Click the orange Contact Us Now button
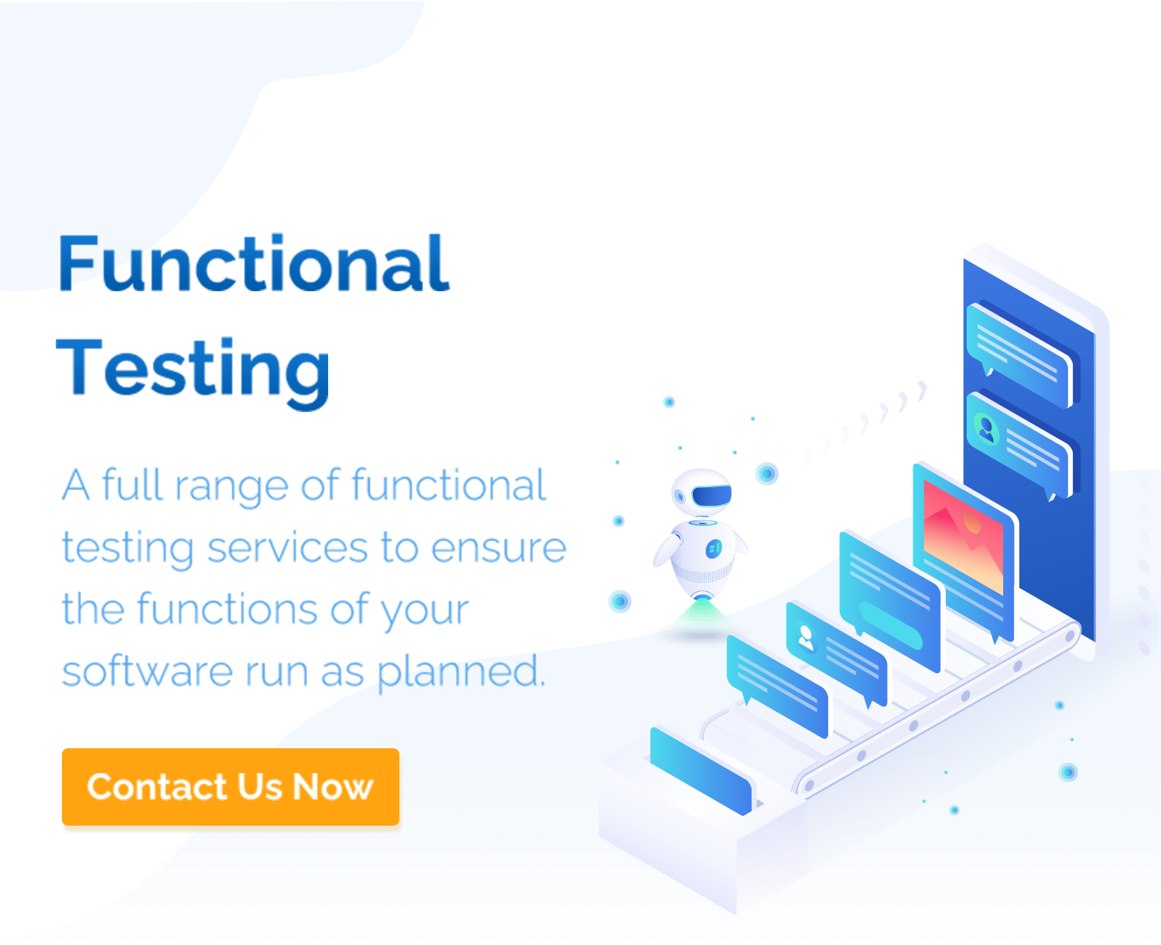[231, 787]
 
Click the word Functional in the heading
[254, 263]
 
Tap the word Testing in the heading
[193, 373]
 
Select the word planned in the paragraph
[461, 672]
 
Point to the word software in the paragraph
[147, 671]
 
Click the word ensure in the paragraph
[498, 548]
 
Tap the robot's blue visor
[711, 496]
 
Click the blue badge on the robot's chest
[714, 549]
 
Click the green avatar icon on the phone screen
[987, 430]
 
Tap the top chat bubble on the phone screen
[1019, 356]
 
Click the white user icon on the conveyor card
[806, 637]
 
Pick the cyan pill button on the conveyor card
[891, 625]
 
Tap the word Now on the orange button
[333, 787]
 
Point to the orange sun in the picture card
[972, 523]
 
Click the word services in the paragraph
[287, 548]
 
